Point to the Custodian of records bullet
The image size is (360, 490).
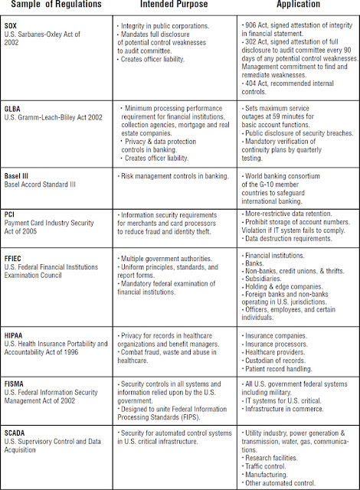[x=280, y=358]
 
